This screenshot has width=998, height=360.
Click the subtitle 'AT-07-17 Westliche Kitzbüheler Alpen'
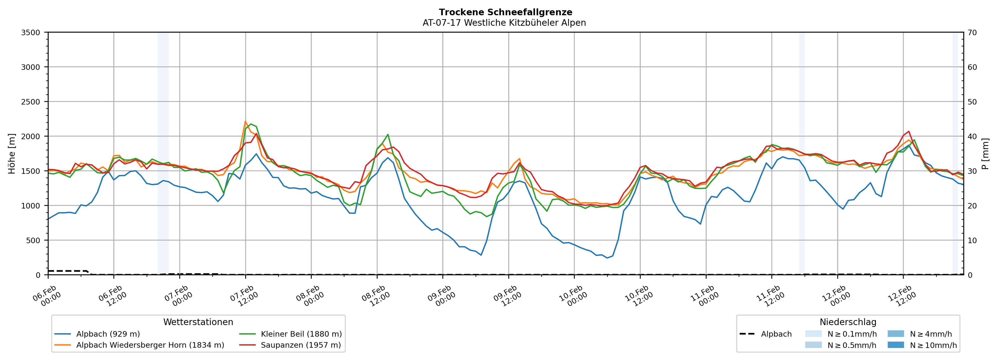(504, 23)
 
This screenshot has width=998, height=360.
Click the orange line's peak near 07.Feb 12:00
(245, 121)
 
